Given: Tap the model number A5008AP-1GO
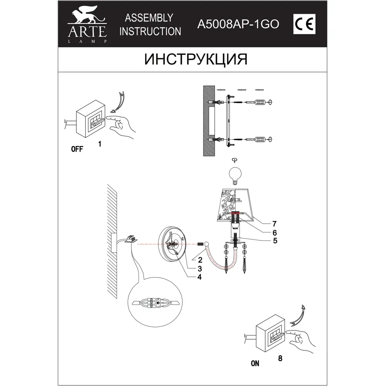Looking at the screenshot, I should point(238,25).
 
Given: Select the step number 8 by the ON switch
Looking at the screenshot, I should point(280,358).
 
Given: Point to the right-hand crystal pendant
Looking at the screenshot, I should point(245,262).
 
